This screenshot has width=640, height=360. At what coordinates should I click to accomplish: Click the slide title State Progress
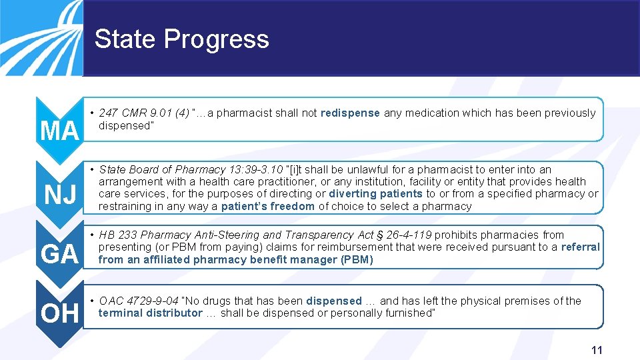[181, 39]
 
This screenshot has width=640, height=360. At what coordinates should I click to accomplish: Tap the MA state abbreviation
[59, 131]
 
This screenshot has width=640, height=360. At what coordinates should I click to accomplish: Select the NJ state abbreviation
[59, 195]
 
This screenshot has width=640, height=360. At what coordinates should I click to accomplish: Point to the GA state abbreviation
[59, 255]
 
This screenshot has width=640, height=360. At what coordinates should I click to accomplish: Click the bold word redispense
[350, 113]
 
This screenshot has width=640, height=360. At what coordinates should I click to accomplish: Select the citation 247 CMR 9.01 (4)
[143, 113]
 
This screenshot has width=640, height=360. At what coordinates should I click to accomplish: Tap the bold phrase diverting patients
[375, 194]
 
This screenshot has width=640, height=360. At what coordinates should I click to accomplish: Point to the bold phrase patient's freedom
[267, 207]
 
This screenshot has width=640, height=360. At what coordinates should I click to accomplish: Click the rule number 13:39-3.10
[255, 170]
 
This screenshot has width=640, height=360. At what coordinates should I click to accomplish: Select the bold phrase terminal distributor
[150, 313]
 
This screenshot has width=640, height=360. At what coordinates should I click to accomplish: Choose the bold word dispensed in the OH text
[334, 301]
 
